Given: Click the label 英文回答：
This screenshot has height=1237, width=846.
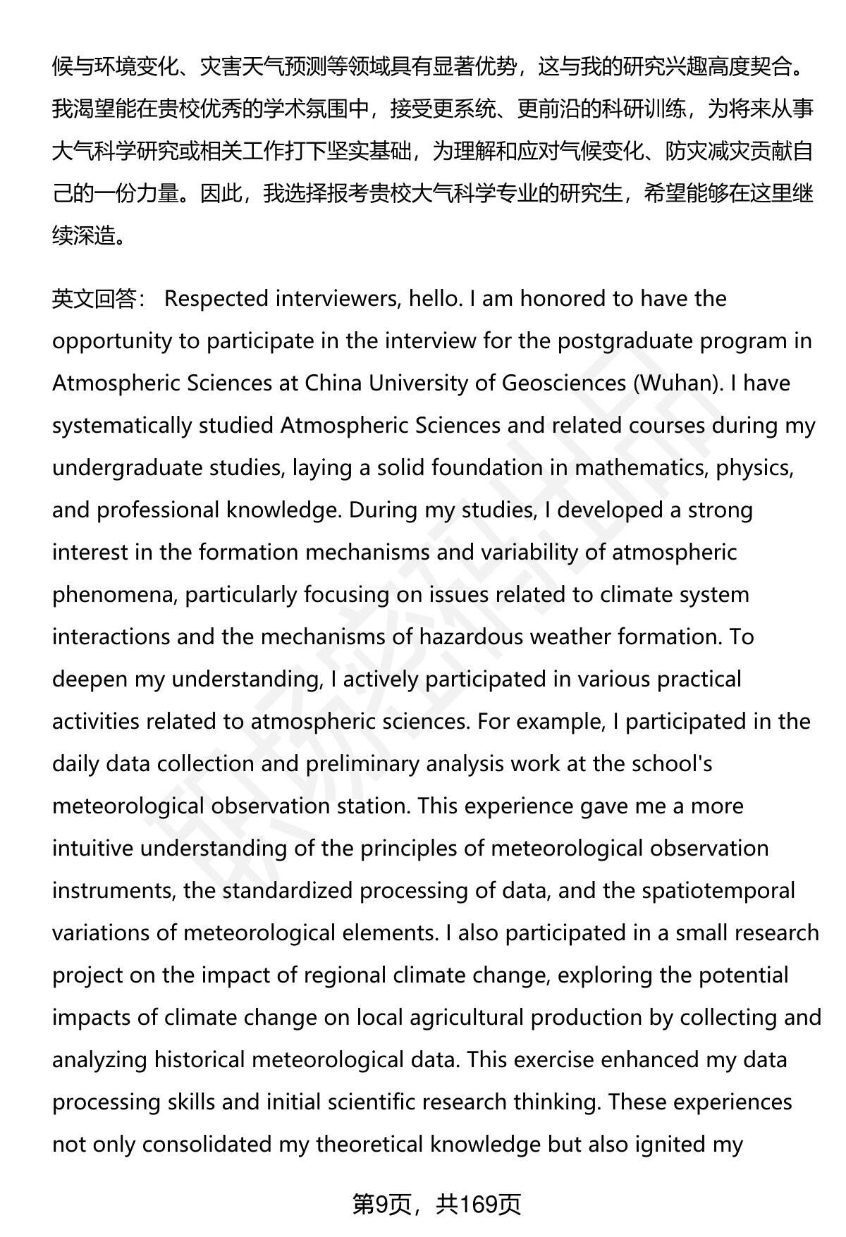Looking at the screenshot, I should coord(98,299).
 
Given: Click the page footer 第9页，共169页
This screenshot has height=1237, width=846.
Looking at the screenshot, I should coord(436,1205).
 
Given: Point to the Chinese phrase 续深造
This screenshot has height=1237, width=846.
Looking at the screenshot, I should coord(83,235).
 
